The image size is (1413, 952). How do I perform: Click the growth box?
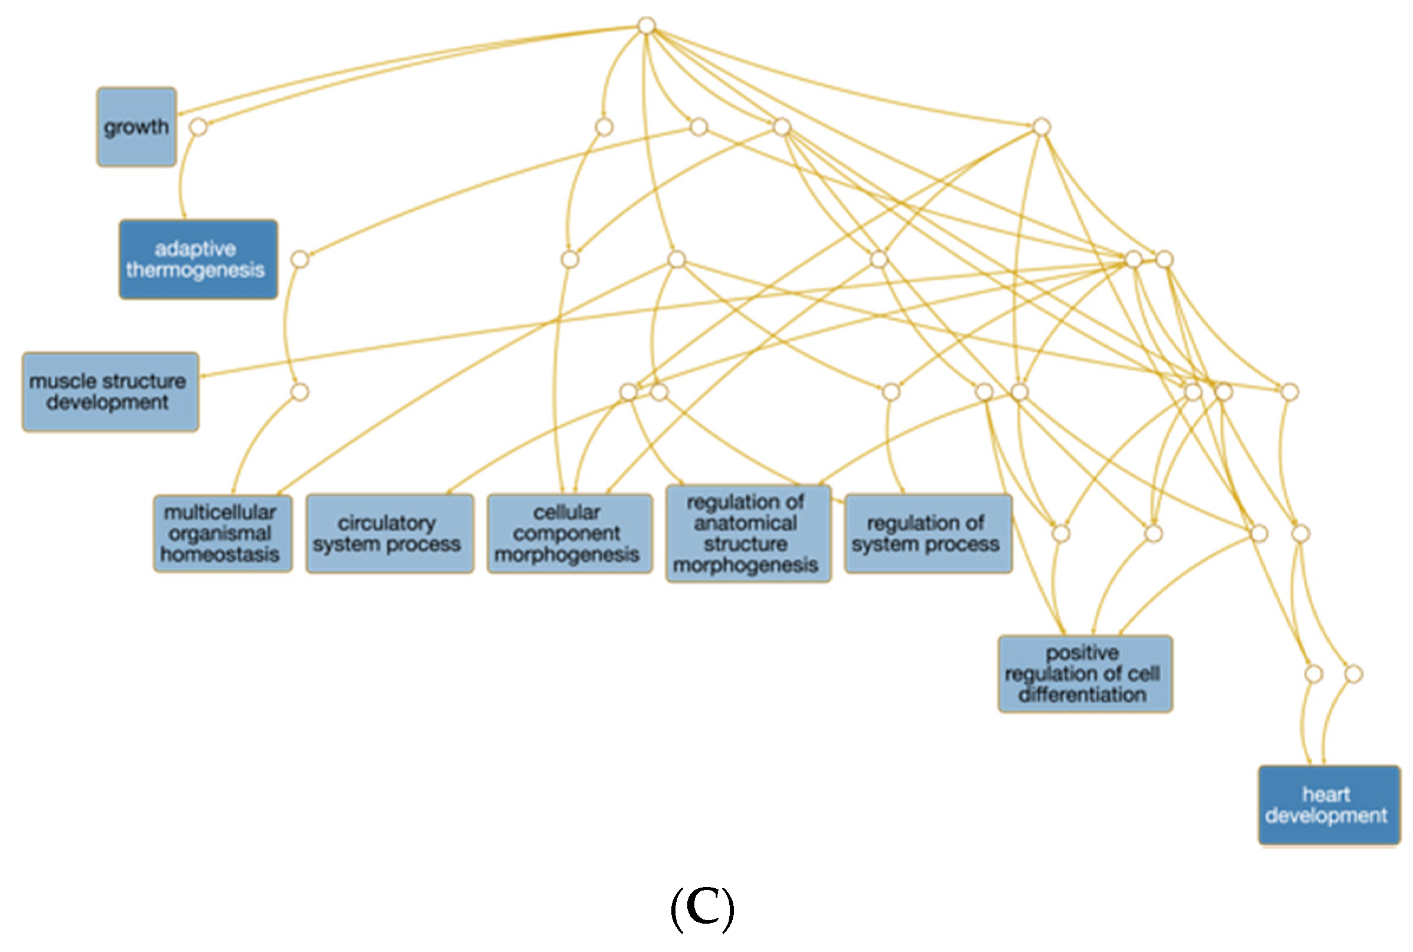click(x=136, y=127)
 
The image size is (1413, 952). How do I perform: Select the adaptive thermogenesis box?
click(x=198, y=259)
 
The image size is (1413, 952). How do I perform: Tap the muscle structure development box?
click(x=110, y=392)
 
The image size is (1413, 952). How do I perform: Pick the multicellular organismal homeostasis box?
click(x=222, y=534)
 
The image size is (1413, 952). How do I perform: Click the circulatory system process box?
click(x=390, y=534)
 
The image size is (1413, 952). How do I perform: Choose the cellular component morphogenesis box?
click(x=569, y=534)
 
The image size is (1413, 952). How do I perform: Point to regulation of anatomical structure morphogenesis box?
click(x=748, y=534)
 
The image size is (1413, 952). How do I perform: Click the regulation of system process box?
click(x=928, y=534)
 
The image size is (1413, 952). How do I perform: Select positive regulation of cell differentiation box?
click(x=1085, y=674)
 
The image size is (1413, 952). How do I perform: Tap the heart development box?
click(x=1329, y=805)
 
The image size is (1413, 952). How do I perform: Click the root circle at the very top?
click(x=647, y=25)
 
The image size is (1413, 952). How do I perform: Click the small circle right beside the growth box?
click(x=198, y=127)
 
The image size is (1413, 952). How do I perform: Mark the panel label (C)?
click(x=702, y=909)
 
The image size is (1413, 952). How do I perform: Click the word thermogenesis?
click(x=195, y=270)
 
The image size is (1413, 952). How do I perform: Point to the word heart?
click(x=1326, y=794)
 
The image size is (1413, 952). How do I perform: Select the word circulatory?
click(x=387, y=523)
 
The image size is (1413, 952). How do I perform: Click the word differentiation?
click(x=1082, y=694)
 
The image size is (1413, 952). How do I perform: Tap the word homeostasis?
click(x=220, y=554)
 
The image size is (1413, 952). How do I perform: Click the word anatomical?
click(x=745, y=523)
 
